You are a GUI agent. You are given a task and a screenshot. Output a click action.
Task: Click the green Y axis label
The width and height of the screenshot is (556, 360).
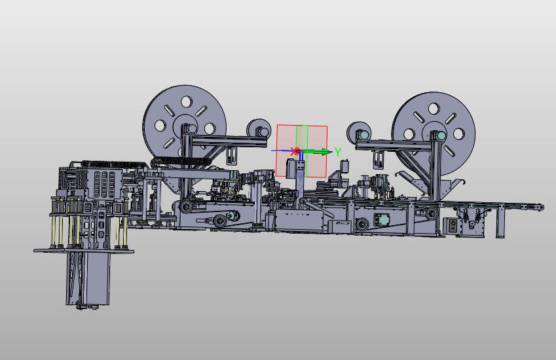pos(337,152)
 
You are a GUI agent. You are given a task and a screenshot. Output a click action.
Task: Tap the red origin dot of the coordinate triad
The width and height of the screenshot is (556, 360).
pos(297,151)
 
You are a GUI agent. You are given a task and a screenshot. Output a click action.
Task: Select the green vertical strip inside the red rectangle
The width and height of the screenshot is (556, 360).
pos(302,151)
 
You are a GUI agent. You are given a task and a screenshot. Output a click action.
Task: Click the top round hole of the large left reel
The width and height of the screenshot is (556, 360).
pos(186,101)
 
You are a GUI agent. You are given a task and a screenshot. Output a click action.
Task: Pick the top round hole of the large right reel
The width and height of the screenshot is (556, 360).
pos(434,108)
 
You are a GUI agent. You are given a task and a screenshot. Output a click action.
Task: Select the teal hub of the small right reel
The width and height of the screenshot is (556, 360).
pos(363,135)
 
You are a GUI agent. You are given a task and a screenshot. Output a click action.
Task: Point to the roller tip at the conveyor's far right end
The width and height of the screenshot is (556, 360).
pos(540,207)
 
